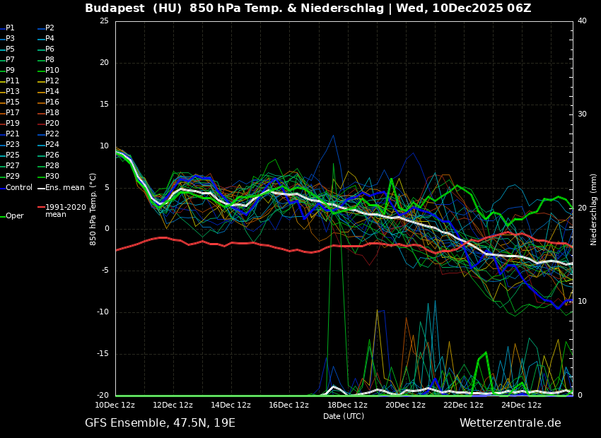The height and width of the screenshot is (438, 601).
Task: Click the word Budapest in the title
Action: pos(114,8)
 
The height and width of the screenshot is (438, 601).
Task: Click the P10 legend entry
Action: pos(52,71)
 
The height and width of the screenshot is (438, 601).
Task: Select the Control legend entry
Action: pos(19,188)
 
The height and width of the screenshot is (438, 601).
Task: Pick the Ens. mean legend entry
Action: pos(64,188)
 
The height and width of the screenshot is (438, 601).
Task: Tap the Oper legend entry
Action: pos(15,216)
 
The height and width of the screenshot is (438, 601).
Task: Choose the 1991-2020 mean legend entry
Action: pos(65,211)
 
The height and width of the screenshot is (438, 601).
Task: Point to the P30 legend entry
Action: pos(52,177)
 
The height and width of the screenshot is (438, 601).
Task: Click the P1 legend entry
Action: pos(10,28)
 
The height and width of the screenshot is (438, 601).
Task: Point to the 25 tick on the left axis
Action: pos(104,21)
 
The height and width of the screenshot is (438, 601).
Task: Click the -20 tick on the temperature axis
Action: pos(102,396)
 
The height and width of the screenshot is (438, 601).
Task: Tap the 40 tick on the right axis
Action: pos(582,21)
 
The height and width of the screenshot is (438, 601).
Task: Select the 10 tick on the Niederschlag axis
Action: pos(582,302)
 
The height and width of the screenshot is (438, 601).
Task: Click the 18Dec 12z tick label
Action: pos(347,406)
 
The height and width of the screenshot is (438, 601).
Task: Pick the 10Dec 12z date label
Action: pos(115,406)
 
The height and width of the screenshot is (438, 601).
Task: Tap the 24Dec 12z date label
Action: pos(521,406)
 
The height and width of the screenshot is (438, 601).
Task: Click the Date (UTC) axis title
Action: pos(344,417)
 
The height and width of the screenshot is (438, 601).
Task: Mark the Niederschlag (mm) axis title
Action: pos(594,209)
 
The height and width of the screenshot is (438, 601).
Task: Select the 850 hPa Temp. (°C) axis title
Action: pos(93,209)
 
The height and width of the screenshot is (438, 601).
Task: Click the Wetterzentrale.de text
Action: pos(510,423)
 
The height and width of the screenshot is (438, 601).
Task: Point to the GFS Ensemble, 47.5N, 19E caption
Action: pos(160,423)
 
